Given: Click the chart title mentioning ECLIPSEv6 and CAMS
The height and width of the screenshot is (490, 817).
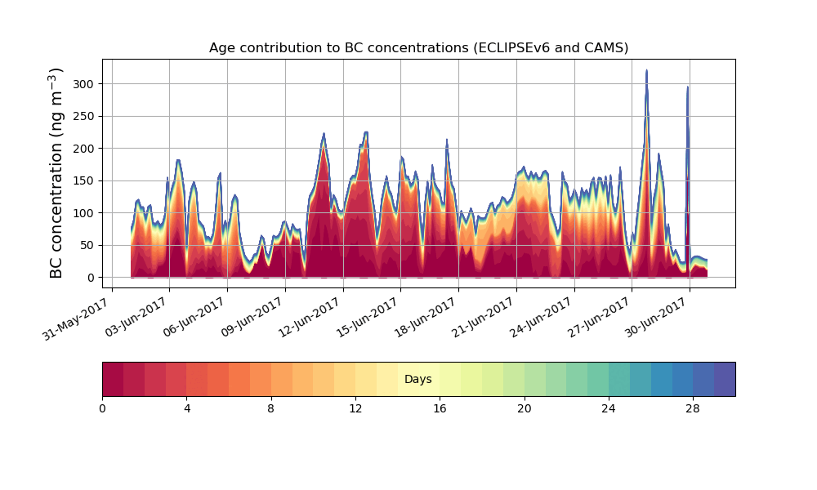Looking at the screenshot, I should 418,47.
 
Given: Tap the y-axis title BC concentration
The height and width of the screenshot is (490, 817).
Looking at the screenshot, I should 56,173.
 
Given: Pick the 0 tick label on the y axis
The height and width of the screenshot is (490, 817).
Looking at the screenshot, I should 92,278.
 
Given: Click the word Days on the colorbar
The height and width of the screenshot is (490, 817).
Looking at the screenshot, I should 418,380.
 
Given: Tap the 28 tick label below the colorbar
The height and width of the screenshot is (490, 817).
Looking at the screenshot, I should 693,408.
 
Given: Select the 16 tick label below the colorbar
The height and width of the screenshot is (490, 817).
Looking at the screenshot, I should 440,408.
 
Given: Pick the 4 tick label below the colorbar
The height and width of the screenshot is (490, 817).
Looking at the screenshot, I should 186,408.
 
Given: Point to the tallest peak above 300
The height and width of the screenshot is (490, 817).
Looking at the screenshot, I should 646,72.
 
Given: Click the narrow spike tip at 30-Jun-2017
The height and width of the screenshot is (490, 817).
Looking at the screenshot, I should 688,87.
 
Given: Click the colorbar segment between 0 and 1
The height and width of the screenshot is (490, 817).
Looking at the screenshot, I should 113,379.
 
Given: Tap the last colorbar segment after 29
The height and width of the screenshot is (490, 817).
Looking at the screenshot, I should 725,379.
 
